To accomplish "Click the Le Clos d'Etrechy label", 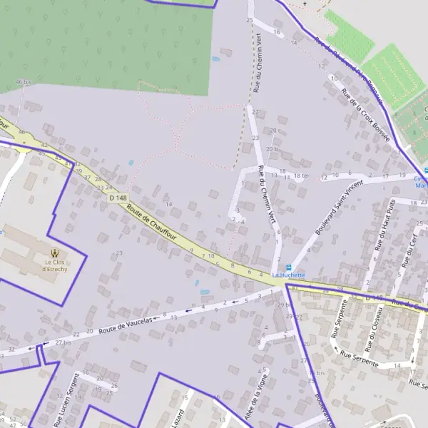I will [55, 265].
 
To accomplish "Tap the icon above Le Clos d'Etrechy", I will [55, 252].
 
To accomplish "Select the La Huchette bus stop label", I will [288, 275].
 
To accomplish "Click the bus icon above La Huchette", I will [289, 267].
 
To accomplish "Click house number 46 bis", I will [24, 82].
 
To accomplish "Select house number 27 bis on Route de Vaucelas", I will [64, 343].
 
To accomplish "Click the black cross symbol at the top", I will [306, 4].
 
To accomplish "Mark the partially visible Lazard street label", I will [178, 417].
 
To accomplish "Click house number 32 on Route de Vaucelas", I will [11, 350].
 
